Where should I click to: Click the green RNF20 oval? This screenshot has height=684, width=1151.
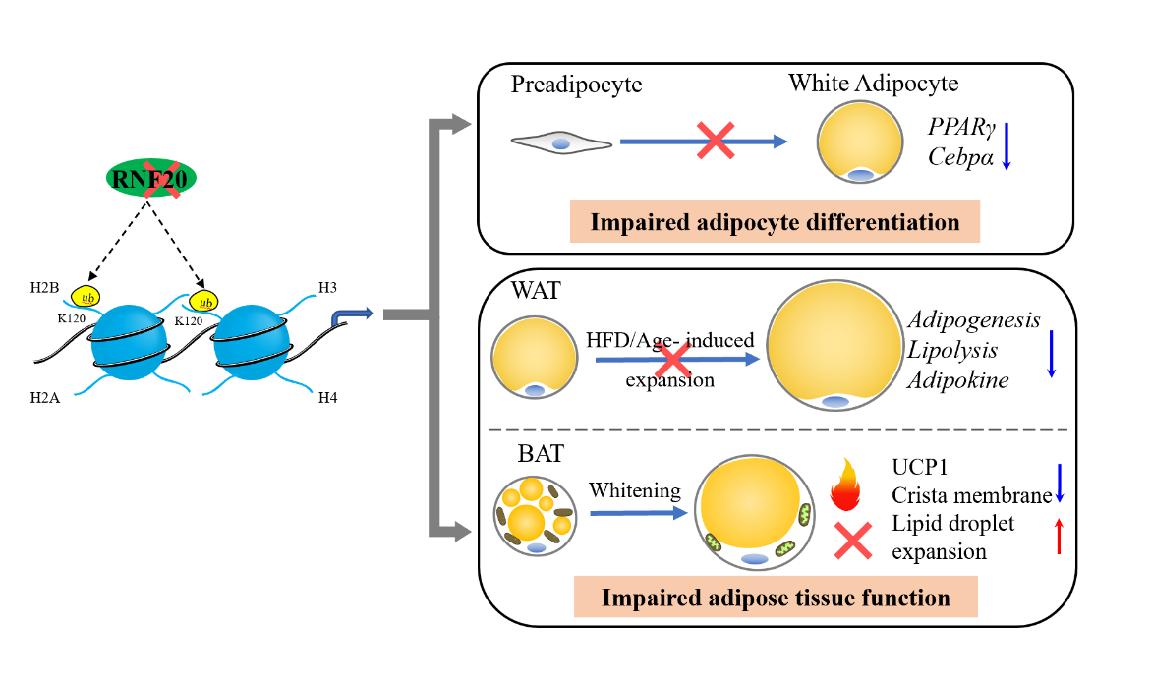pyautogui.click(x=150, y=178)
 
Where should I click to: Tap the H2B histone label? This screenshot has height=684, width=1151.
pyautogui.click(x=44, y=288)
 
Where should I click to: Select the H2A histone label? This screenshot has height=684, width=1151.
pyautogui.click(x=45, y=398)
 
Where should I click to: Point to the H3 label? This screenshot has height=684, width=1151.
pyautogui.click(x=327, y=287)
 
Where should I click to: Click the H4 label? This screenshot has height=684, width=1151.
pyautogui.click(x=327, y=398)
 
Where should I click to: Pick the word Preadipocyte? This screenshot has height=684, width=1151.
pyautogui.click(x=576, y=85)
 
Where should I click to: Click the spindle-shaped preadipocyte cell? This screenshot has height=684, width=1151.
pyautogui.click(x=561, y=143)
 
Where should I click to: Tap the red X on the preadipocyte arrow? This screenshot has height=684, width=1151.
pyautogui.click(x=716, y=141)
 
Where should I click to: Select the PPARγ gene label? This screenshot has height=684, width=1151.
pyautogui.click(x=961, y=128)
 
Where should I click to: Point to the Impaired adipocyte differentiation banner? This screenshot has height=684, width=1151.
pyautogui.click(x=776, y=222)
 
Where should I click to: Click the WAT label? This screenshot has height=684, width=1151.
pyautogui.click(x=536, y=291)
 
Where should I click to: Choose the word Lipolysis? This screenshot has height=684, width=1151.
pyautogui.click(x=952, y=350)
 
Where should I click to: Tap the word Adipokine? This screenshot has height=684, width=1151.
pyautogui.click(x=958, y=380)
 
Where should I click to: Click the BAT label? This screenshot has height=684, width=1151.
pyautogui.click(x=541, y=454)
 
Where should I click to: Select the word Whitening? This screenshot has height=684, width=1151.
pyautogui.click(x=635, y=490)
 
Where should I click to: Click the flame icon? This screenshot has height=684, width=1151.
pyautogui.click(x=845, y=484)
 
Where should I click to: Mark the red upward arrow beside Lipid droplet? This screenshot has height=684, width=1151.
pyautogui.click(x=1059, y=537)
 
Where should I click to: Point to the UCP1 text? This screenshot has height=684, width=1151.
pyautogui.click(x=920, y=468)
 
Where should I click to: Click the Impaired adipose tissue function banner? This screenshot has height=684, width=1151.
pyautogui.click(x=776, y=598)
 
